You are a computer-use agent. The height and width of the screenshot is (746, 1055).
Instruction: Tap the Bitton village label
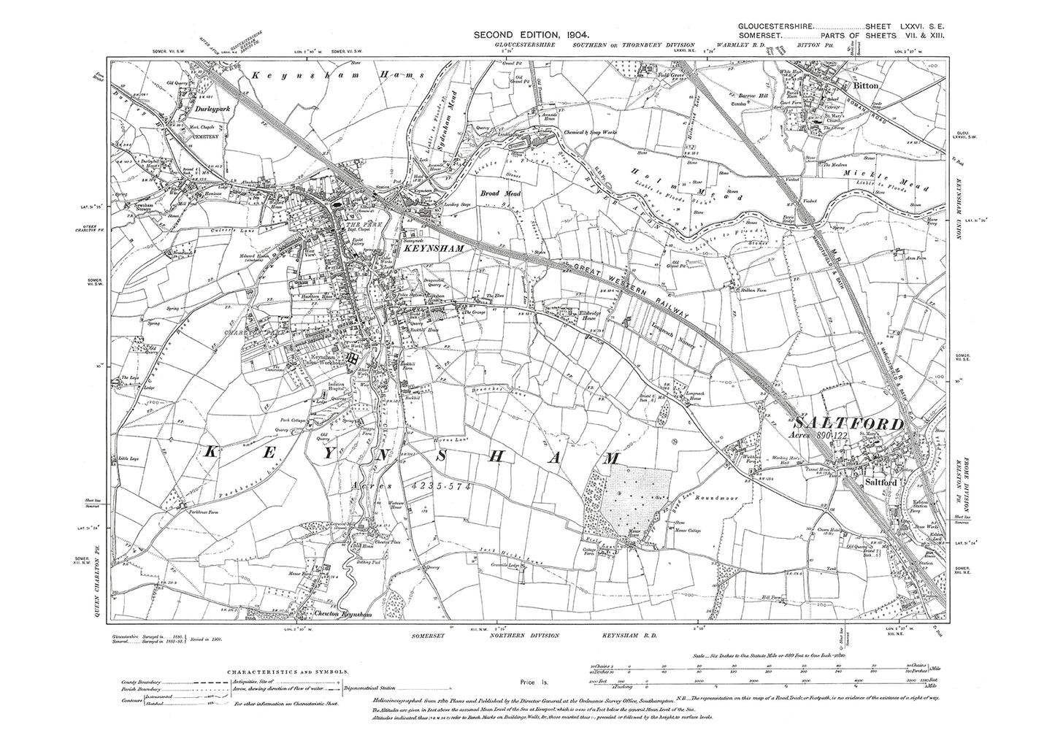coord(865,86)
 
